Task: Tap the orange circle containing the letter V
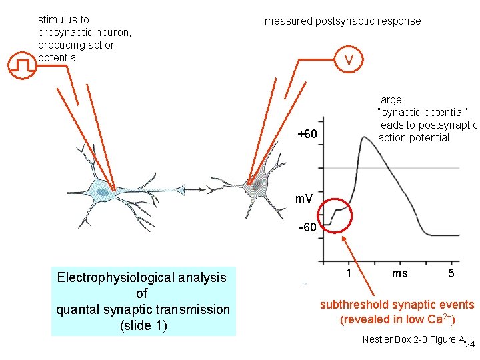[x=349, y=60]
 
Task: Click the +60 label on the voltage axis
[x=307, y=135]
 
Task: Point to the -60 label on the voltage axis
[x=307, y=228]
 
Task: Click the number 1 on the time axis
[x=349, y=273]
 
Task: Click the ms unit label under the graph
[x=400, y=273]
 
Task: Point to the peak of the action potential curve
[x=363, y=137]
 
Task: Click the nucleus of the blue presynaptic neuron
[x=103, y=192]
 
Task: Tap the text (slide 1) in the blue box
[x=143, y=326]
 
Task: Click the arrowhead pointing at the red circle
[x=345, y=237]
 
